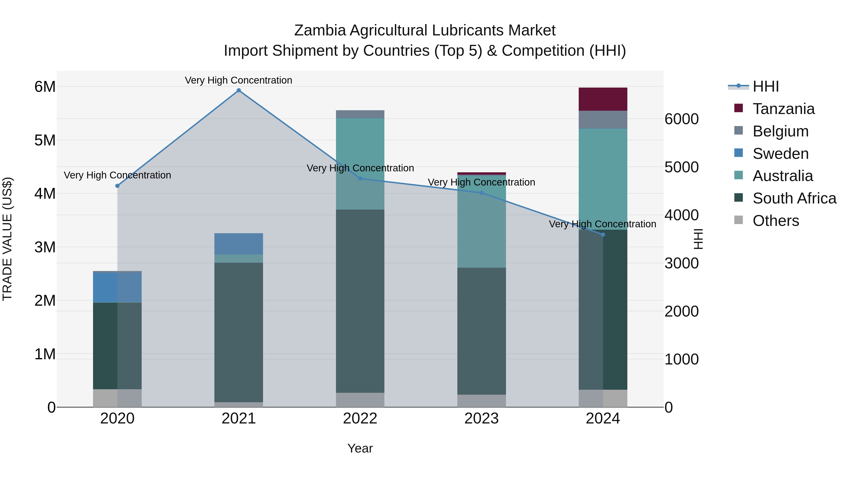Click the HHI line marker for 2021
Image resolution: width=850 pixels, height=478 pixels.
pos(238,90)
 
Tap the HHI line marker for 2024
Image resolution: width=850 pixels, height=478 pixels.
pos(603,235)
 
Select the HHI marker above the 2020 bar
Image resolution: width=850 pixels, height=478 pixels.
pos(117,186)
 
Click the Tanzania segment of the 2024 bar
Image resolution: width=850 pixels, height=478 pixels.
pos(603,99)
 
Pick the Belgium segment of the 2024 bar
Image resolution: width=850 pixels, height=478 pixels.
pos(603,120)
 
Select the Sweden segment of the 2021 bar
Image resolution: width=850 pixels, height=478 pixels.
pos(238,244)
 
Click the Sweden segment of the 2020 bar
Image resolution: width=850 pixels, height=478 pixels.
pos(117,287)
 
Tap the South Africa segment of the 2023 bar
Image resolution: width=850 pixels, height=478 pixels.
pos(481,331)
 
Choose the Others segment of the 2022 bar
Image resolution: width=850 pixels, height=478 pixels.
pos(360,400)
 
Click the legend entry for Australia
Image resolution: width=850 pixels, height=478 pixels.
pos(782,176)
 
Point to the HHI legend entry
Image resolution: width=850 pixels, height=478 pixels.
pos(765,86)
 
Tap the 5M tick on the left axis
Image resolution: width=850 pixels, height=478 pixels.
pos(45,140)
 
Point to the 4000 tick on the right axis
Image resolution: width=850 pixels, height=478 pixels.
pos(681,215)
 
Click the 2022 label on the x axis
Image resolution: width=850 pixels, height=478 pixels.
pos(360,419)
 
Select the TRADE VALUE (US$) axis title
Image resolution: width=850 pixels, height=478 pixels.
pos(7,239)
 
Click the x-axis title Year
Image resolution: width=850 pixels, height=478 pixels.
pos(360,448)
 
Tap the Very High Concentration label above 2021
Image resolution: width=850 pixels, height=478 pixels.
pos(238,80)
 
